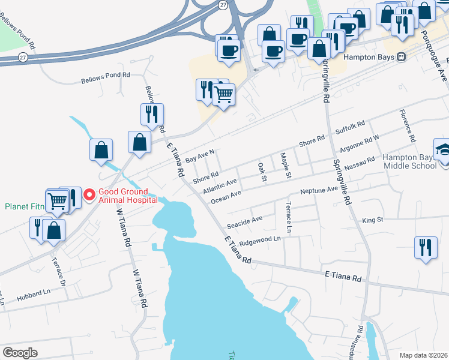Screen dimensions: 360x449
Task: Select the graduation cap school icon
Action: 442,149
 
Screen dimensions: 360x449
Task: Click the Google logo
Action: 20,353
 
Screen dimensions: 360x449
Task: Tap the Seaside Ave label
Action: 245,223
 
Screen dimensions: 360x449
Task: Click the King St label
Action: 373,220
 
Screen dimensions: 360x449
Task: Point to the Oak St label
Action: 262,170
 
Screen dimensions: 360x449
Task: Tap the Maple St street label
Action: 285,166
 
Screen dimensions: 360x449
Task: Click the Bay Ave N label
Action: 200,157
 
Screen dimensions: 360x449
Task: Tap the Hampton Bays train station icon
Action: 400,57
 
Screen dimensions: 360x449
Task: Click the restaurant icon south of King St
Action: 426,247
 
